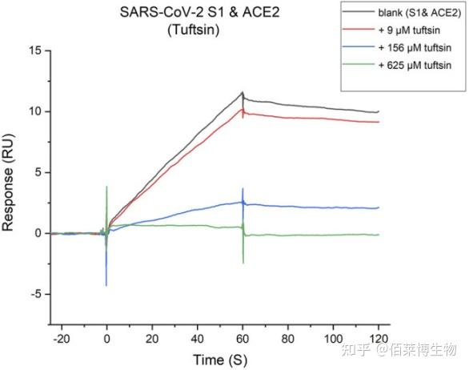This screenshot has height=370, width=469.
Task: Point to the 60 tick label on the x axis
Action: tap(243, 338)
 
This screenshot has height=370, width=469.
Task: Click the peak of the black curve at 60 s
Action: tap(243, 92)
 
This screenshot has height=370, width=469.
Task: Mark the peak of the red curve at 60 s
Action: tap(243, 109)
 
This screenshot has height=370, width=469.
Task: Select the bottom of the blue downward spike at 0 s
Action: tap(106, 285)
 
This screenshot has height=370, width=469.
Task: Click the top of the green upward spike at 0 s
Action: tap(106, 187)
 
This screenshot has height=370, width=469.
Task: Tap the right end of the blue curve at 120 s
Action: tap(379, 207)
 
